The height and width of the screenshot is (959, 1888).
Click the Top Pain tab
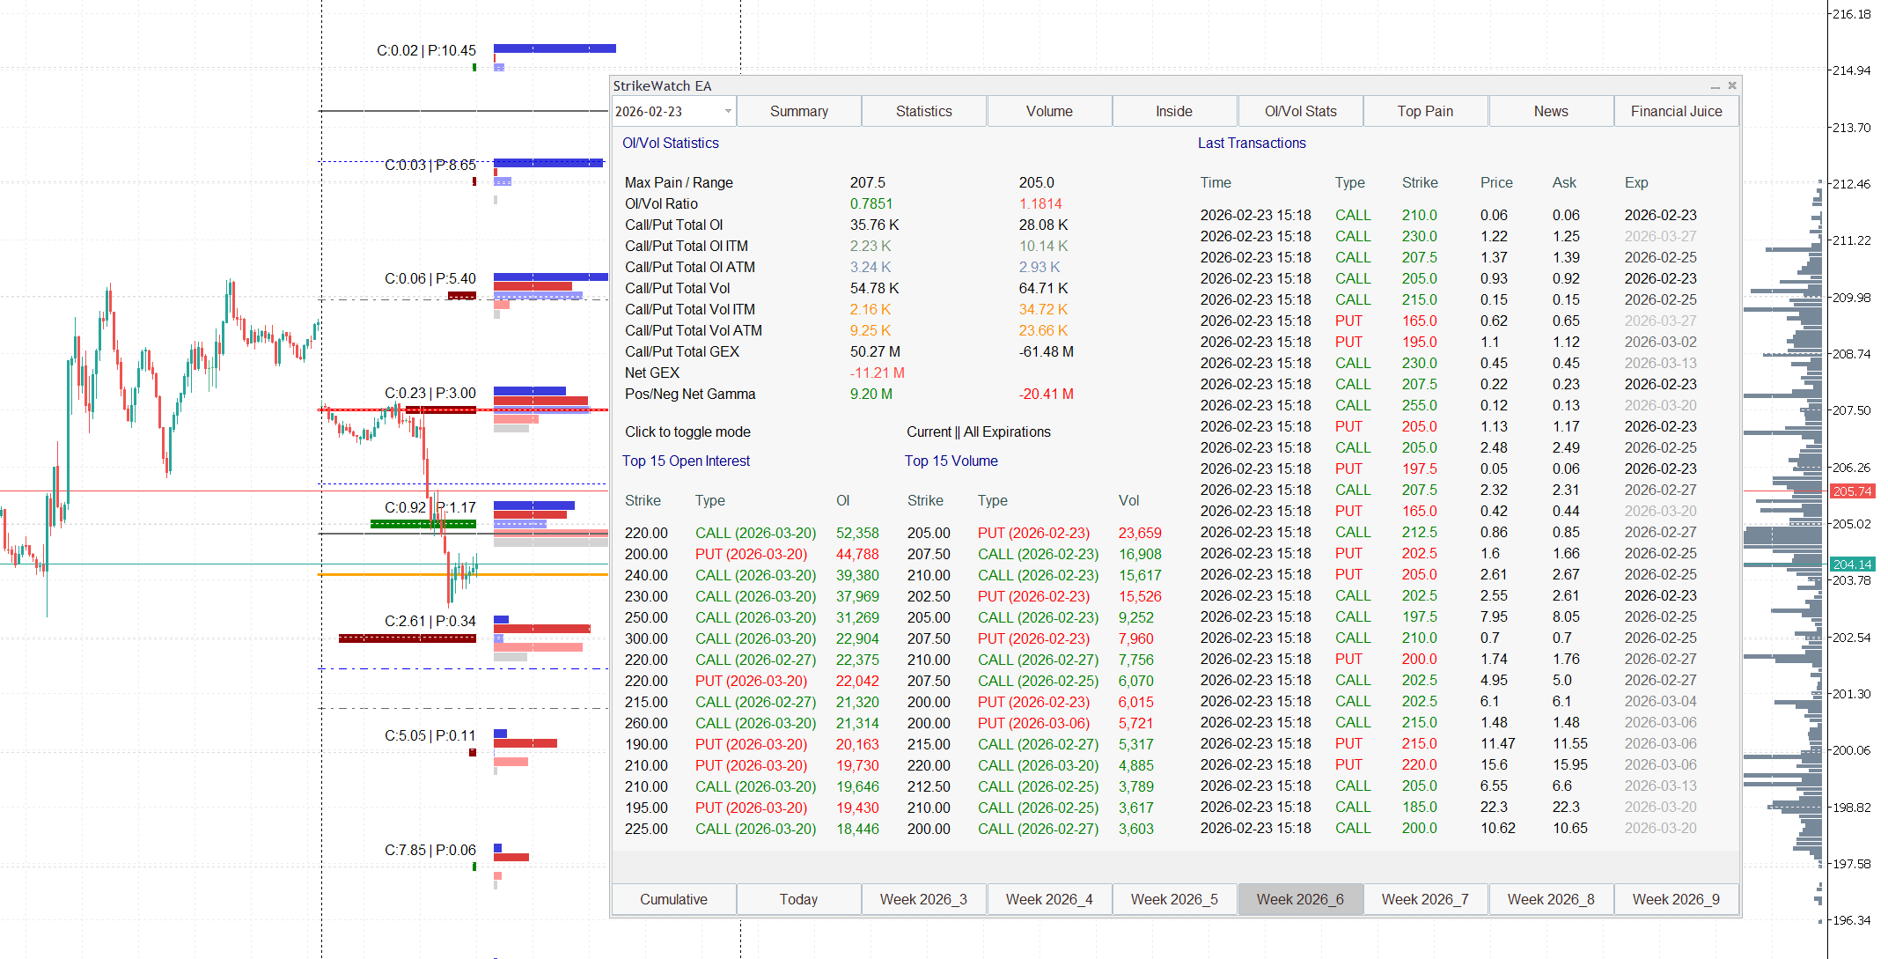pyautogui.click(x=1425, y=111)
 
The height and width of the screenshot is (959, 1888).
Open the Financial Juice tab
pyautogui.click(x=1676, y=111)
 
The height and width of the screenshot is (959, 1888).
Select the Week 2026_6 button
pyautogui.click(x=1300, y=899)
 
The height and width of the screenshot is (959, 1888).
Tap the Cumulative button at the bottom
pyautogui.click(x=673, y=899)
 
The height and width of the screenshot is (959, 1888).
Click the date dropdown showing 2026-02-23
pyautogui.click(x=673, y=111)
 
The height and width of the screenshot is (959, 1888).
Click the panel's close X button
pyautogui.click(x=1732, y=85)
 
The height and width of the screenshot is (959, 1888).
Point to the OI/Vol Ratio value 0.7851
pyautogui.click(x=871, y=203)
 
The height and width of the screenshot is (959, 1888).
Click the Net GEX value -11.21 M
pyautogui.click(x=877, y=373)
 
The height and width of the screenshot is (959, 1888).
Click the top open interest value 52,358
pyautogui.click(x=857, y=533)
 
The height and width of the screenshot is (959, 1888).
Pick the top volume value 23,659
pyautogui.click(x=1140, y=533)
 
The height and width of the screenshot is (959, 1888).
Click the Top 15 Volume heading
pyautogui.click(x=951, y=461)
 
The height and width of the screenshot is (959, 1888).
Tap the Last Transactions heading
pyautogui.click(x=1252, y=143)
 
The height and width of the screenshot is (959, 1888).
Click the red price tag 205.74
pyautogui.click(x=1852, y=491)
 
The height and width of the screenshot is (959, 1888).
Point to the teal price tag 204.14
pyautogui.click(x=1852, y=564)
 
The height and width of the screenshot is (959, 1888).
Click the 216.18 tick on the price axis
pyautogui.click(x=1851, y=14)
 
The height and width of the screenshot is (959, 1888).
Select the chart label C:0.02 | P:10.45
pyautogui.click(x=426, y=50)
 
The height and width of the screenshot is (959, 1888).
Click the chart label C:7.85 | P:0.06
pyautogui.click(x=430, y=850)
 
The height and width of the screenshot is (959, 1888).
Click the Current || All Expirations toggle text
pyautogui.click(x=979, y=432)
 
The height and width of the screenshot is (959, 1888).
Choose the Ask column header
pyautogui.click(x=1564, y=182)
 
